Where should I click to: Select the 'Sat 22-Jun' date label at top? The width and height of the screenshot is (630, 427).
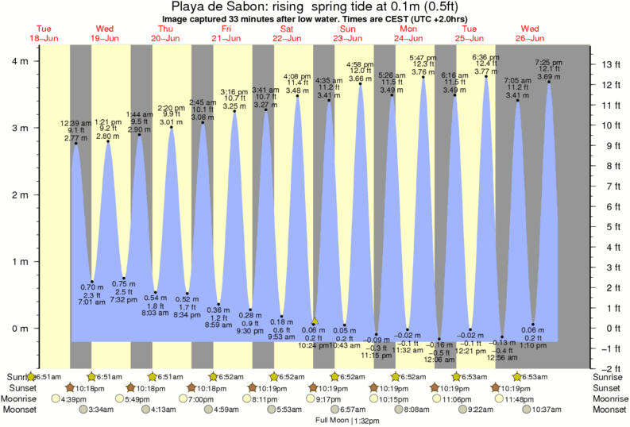(x=288, y=33)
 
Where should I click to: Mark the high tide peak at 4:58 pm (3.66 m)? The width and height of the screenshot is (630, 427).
(x=361, y=84)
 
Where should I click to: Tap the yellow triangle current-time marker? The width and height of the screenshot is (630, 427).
(x=315, y=321)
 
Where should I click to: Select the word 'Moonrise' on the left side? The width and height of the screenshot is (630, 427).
(x=17, y=398)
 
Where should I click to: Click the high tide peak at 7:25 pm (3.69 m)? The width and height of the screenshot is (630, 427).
(x=549, y=82)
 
